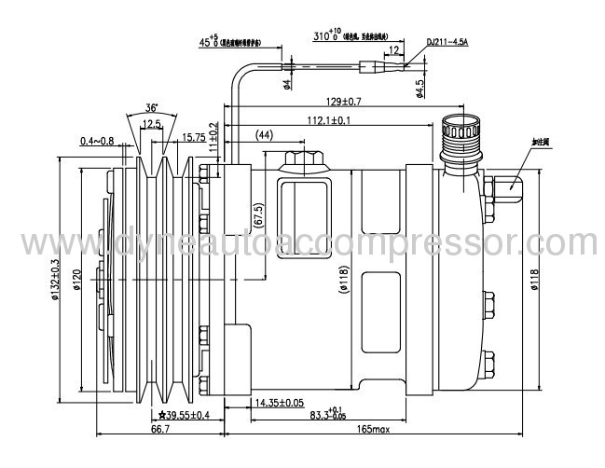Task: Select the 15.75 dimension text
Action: pyautogui.click(x=193, y=138)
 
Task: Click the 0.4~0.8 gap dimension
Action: pyautogui.click(x=97, y=141)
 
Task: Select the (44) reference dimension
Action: pyautogui.click(x=264, y=136)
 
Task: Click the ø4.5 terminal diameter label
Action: pyautogui.click(x=420, y=86)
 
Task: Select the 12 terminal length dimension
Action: pyautogui.click(x=394, y=49)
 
